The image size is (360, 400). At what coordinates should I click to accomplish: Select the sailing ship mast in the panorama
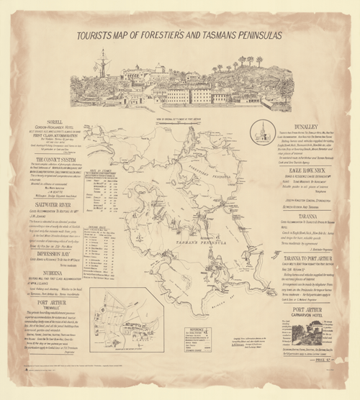[102, 67]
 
